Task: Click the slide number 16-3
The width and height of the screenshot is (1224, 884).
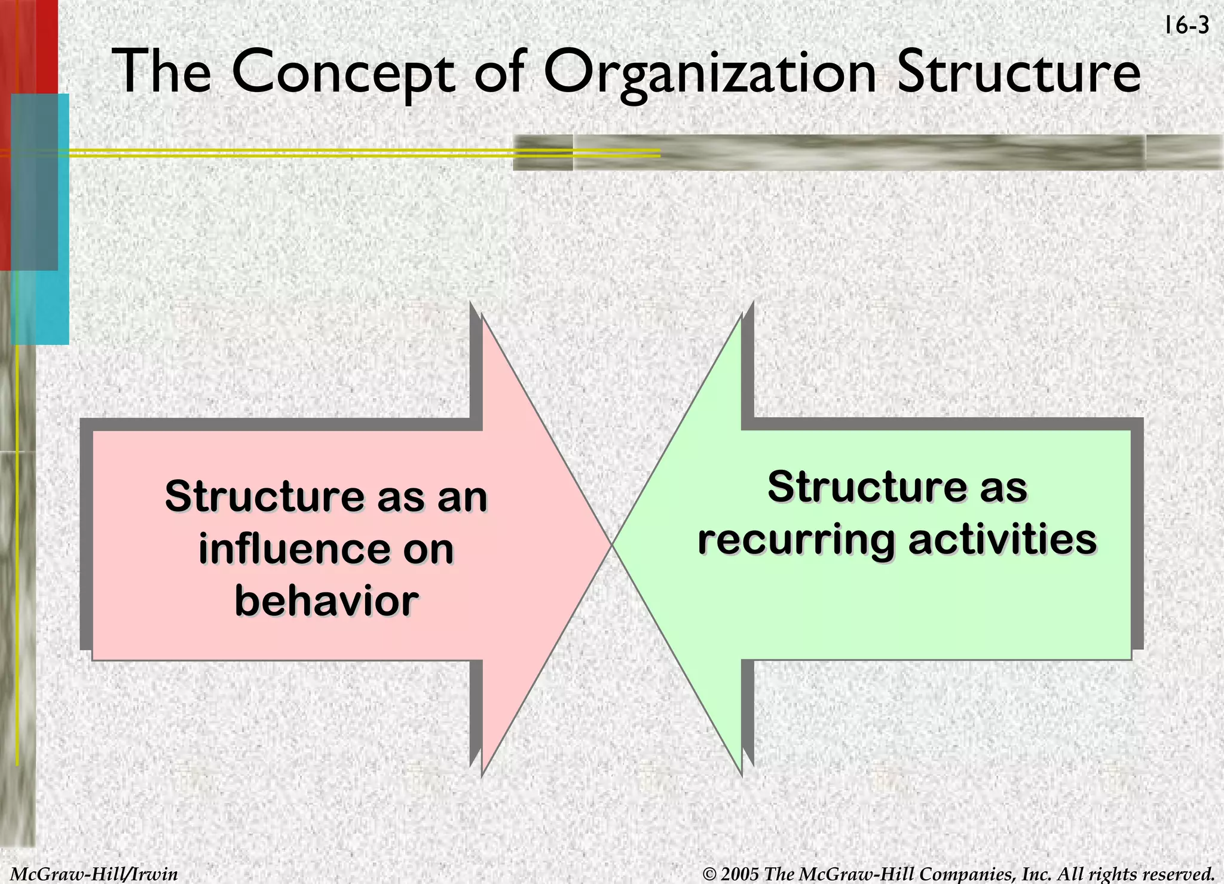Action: (x=1187, y=26)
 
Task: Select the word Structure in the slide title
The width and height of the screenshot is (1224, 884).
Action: (x=1019, y=72)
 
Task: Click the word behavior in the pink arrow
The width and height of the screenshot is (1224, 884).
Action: (x=326, y=601)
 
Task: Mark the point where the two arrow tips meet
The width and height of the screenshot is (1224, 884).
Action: (x=611, y=545)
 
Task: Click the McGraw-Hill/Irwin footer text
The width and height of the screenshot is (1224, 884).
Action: (x=94, y=874)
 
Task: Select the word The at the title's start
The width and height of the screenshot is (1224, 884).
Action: (x=162, y=72)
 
